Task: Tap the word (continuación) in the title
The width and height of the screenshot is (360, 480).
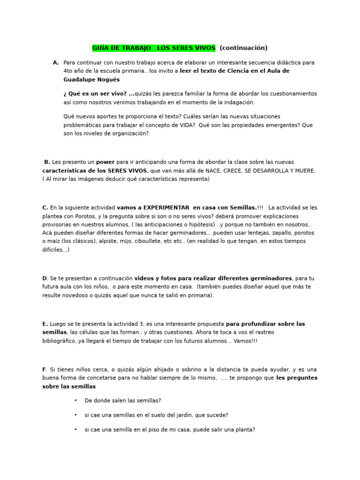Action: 243,48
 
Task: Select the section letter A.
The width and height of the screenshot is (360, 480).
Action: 56,62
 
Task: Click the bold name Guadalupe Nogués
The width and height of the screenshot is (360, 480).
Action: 91,80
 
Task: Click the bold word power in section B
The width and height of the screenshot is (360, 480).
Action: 105,162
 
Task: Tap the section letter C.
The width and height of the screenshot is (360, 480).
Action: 45,207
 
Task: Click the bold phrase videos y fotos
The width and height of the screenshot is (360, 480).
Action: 160,278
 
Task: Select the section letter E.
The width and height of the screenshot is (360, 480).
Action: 45,323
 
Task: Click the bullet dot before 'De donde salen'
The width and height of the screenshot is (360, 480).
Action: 75,401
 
